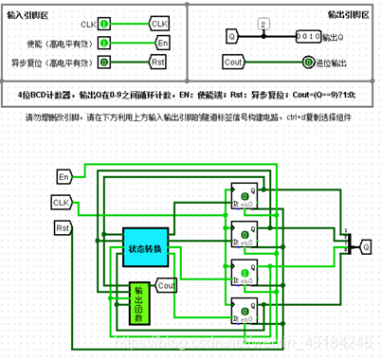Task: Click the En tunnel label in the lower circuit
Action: (65, 177)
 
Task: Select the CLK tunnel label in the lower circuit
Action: (63, 202)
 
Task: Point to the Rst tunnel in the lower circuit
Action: (64, 228)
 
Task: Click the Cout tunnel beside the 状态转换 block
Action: (167, 284)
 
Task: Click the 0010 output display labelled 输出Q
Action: (287, 36)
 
